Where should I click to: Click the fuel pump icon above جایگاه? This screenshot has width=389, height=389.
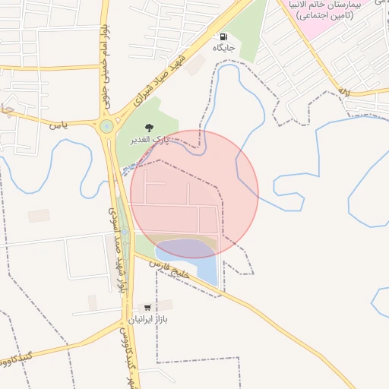click(x=223, y=36)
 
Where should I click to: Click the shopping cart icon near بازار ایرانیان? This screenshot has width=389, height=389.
click(x=147, y=308)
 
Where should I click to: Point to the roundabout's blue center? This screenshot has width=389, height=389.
click(x=106, y=126)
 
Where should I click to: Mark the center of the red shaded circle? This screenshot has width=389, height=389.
click(x=194, y=194)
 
